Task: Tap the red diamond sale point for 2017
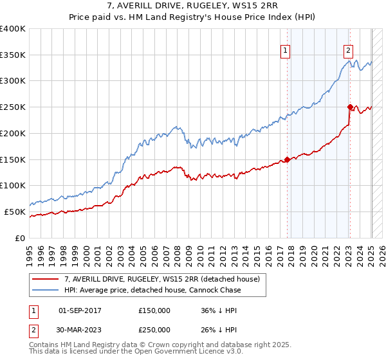pyautogui.click(x=287, y=159)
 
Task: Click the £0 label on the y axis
pyautogui.click(x=21, y=238)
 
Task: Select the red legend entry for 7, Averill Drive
pyautogui.click(x=161, y=279)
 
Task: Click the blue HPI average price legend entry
pyautogui.click(x=152, y=291)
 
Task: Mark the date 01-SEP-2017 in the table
pyautogui.click(x=80, y=310)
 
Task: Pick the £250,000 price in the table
pyautogui.click(x=154, y=330)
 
